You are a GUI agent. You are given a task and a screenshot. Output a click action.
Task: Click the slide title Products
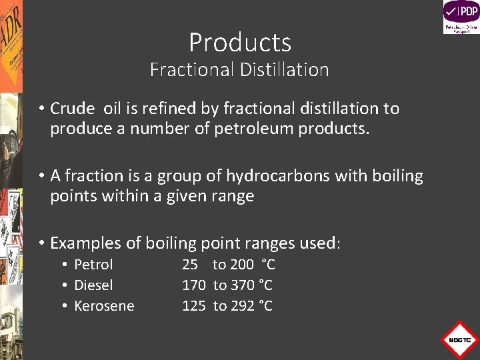240,43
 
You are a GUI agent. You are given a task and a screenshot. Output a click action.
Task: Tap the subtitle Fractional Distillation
239,69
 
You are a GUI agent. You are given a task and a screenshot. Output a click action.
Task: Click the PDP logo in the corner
461,17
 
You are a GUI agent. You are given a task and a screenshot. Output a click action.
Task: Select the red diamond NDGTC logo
459,340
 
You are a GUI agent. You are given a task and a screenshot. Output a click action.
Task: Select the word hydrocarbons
278,176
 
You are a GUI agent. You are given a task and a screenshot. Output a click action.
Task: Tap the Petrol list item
93,265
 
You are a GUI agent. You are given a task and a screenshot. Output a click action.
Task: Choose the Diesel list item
93,285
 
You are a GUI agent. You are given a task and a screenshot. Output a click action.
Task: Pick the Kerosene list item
104,306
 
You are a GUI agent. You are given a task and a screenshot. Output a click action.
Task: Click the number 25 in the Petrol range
190,265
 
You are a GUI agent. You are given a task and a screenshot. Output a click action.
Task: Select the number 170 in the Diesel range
194,285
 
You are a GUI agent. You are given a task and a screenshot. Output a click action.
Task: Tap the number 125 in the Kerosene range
194,306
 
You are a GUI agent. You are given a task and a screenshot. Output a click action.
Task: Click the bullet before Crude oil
41,109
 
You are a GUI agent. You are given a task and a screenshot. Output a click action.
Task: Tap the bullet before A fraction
41,176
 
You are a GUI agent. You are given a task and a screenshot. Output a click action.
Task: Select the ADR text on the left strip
11,33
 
